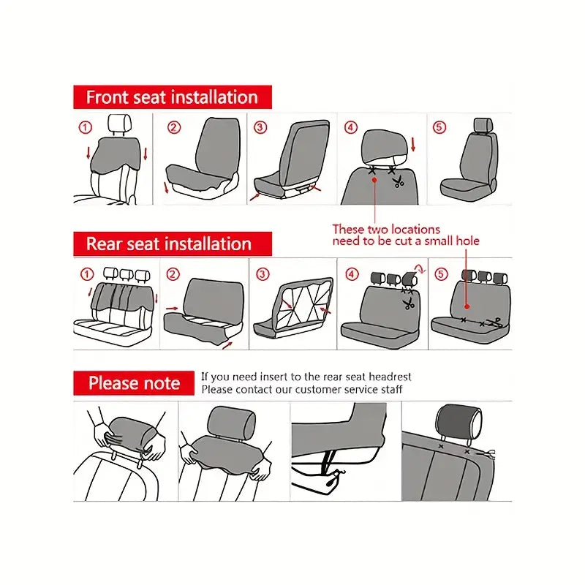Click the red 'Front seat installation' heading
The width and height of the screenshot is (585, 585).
pos(172,97)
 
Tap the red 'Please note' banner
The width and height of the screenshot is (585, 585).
pos(134,383)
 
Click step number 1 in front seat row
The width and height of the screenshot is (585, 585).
pos(86,127)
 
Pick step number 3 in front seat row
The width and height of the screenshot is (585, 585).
pos(260,127)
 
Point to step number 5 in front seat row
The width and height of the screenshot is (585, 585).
pos(439,127)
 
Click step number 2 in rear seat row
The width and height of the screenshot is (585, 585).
pos(173,274)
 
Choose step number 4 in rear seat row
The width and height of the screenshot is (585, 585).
pos(352,274)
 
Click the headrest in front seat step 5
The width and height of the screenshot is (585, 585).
pos(481,125)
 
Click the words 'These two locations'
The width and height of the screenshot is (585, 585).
pos(386,230)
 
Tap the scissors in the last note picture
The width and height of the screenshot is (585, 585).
pos(486,453)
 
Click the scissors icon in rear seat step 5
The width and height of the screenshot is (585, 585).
pos(497,320)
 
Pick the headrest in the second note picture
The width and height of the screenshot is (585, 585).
pos(232,422)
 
